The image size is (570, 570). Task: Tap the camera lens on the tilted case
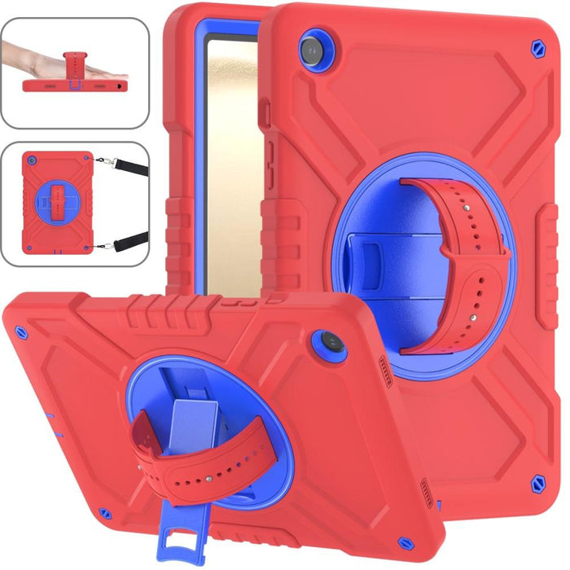[x=333, y=343]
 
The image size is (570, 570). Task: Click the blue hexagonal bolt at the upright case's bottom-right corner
[x=538, y=486]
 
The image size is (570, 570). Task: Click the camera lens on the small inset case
[x=33, y=161]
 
